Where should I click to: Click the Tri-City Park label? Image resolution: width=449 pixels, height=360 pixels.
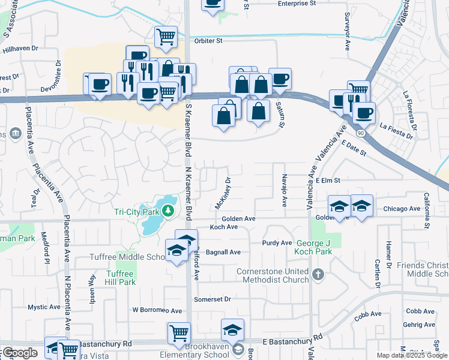click(x=136, y=211)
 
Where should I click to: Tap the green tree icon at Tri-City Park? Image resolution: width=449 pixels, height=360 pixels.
click(x=169, y=211)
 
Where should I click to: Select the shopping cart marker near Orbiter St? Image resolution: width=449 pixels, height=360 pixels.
click(x=166, y=36)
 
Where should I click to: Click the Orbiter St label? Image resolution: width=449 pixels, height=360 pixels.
click(x=208, y=41)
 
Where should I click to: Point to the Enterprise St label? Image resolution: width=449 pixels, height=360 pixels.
click(x=297, y=4)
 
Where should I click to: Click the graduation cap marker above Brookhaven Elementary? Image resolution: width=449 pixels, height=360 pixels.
click(x=232, y=329)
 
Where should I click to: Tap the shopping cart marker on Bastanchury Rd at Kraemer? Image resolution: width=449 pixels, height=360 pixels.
click(x=179, y=333)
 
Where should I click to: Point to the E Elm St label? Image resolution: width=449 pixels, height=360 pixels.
click(x=328, y=180)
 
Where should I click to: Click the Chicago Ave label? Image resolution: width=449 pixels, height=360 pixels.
click(x=402, y=208)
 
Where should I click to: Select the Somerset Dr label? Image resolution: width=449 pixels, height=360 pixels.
click(x=212, y=299)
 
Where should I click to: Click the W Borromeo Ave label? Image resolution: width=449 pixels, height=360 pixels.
click(x=157, y=311)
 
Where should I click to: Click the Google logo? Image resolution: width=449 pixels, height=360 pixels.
click(x=20, y=353)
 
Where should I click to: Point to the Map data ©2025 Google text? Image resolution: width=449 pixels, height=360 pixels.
click(x=411, y=355)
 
